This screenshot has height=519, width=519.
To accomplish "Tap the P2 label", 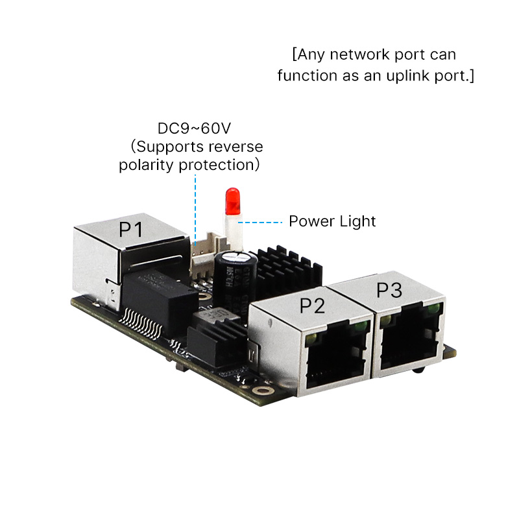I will tap(311, 306).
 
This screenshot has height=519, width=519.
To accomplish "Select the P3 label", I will tap(389, 290).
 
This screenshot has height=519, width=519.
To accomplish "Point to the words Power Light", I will tap(332, 221).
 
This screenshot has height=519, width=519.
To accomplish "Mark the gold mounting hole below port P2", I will tap(262, 391).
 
